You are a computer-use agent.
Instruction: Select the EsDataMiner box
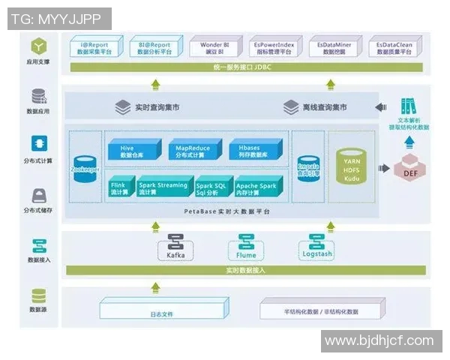337,48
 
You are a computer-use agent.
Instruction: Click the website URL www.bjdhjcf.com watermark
379,341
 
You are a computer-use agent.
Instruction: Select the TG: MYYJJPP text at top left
59,19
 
